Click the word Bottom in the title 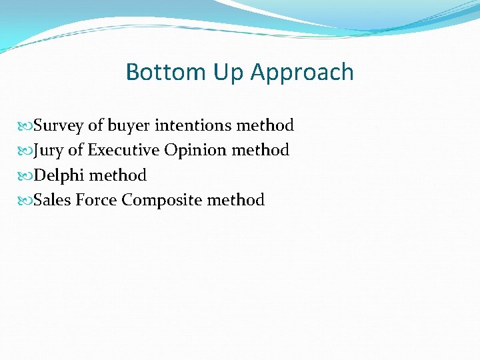pos(158,72)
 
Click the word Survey pos(58,126)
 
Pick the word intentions pos(193,125)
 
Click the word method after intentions pos(265,125)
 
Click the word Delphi pos(59,175)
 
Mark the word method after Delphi pos(117,175)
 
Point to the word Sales pos(51,200)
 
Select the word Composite pos(162,201)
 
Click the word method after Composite pos(236,200)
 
